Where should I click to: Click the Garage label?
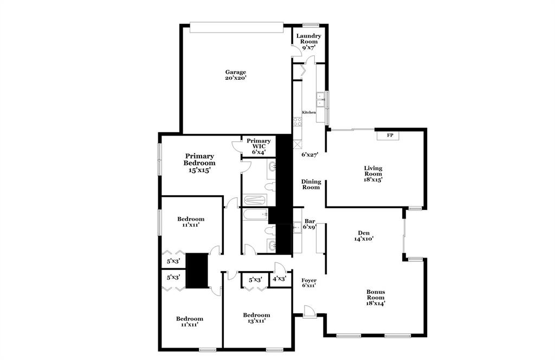236,72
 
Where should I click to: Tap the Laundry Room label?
308,38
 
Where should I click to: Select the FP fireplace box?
390,135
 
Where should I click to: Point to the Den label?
364,233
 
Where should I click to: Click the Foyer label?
309,280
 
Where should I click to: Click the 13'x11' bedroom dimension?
256,320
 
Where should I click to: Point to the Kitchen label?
309,112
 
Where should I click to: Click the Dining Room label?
311,184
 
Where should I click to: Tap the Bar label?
310,221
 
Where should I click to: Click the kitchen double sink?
320,100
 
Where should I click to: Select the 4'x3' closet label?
279,279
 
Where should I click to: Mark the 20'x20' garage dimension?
236,78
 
